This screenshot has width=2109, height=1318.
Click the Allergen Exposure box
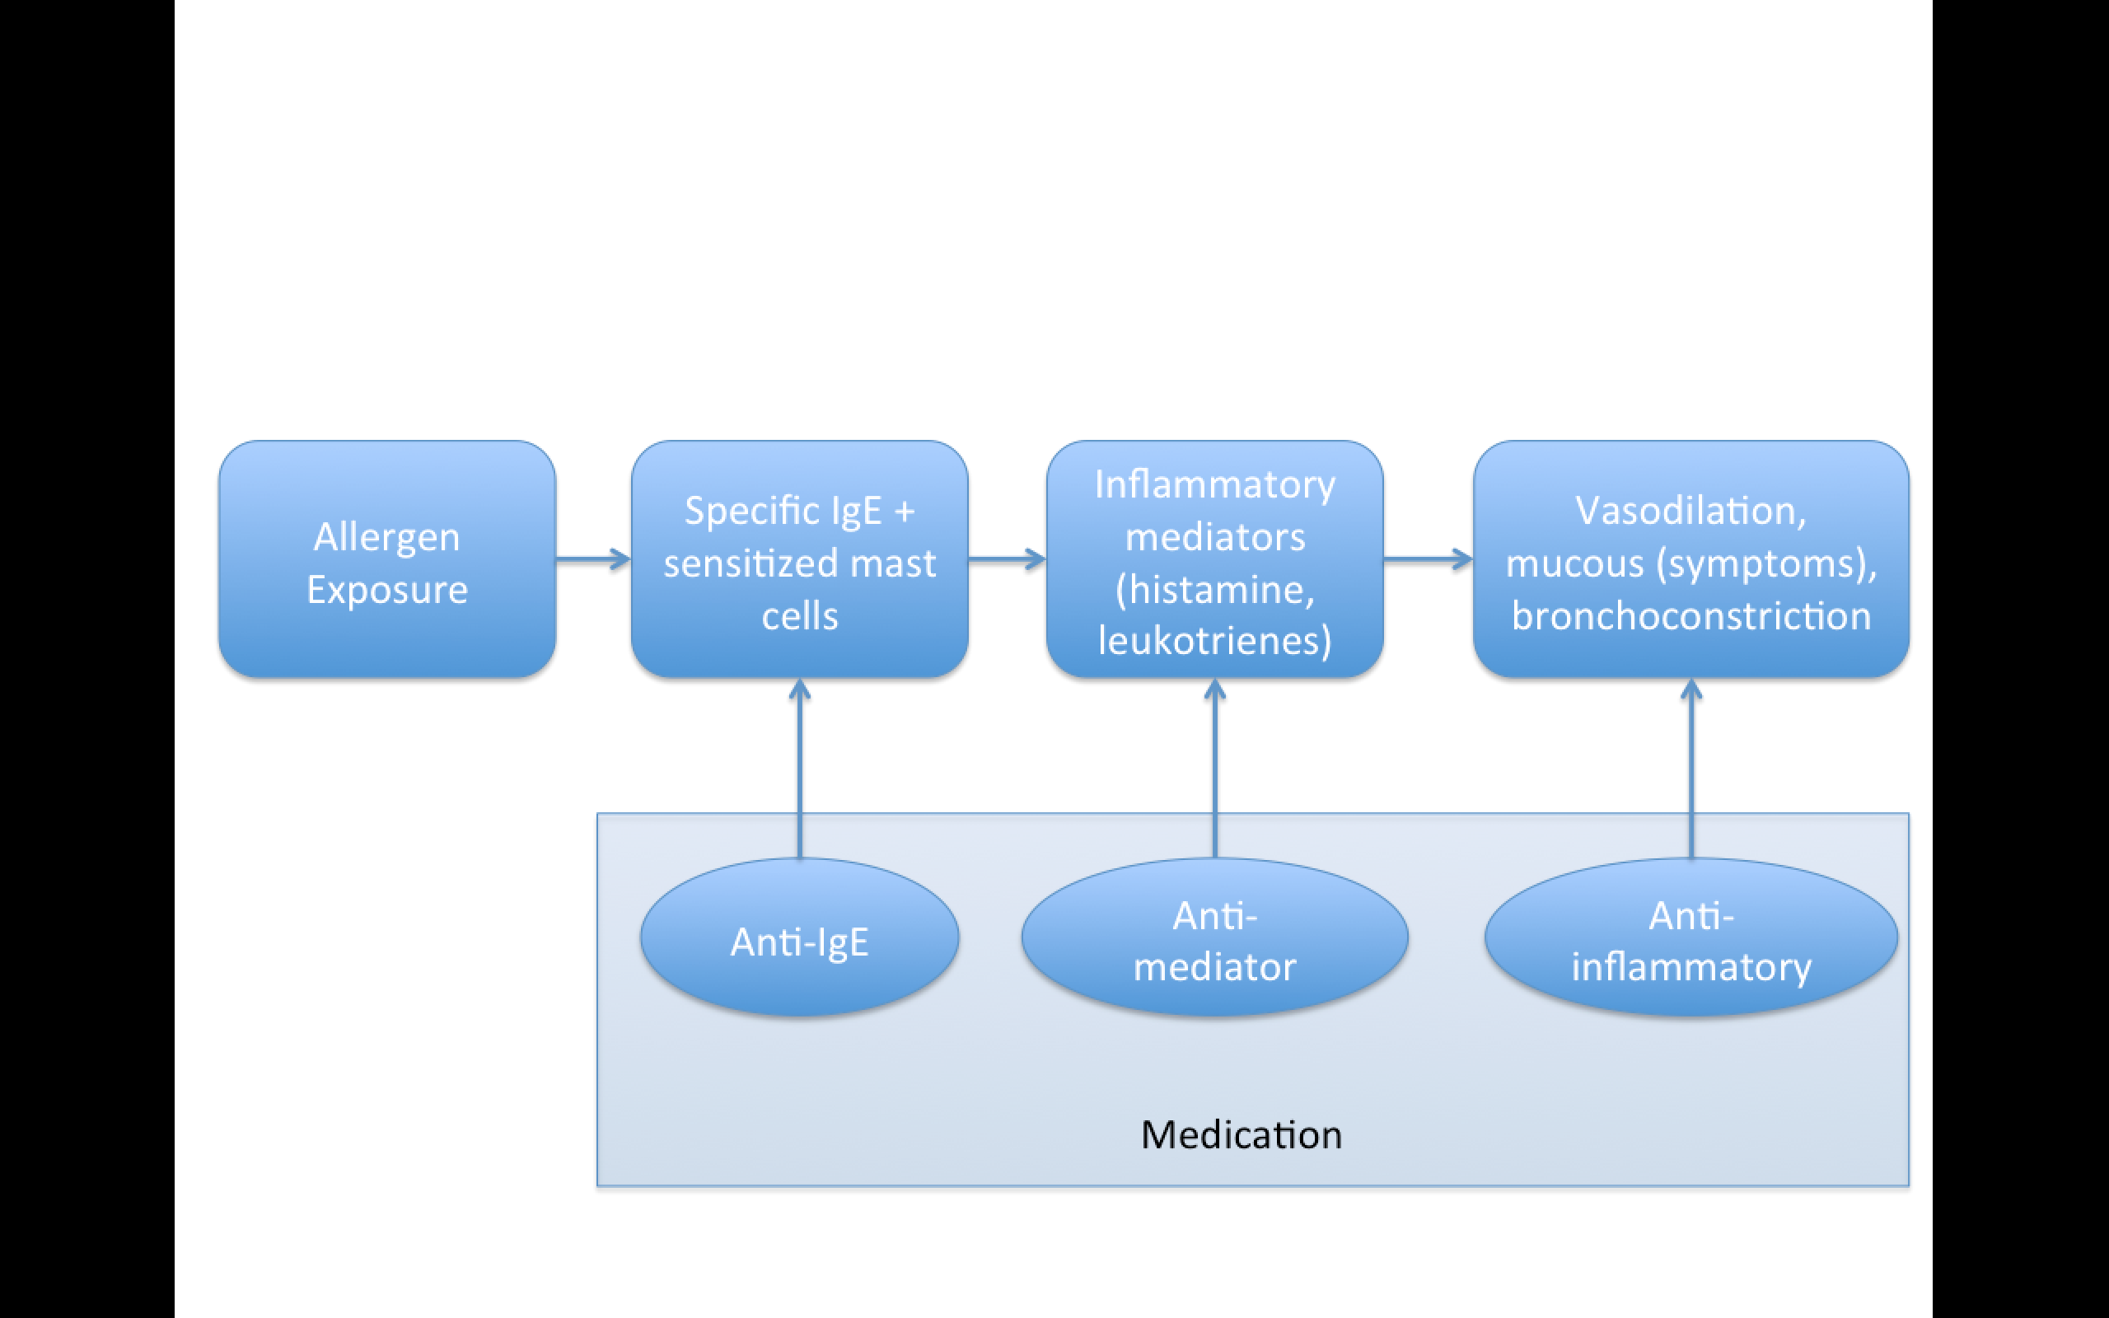(387, 559)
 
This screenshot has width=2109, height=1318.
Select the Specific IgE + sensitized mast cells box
(799, 559)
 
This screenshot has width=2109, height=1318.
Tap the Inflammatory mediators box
(1215, 559)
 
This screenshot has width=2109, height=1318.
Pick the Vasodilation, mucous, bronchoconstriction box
(1690, 559)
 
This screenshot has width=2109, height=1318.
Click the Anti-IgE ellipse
(799, 937)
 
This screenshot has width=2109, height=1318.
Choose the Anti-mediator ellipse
(1215, 937)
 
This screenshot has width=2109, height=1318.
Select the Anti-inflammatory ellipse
(1690, 937)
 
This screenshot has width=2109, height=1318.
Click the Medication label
(1241, 1135)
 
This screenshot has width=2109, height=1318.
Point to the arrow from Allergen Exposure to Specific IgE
(593, 559)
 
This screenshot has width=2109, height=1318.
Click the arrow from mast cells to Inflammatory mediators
(1008, 559)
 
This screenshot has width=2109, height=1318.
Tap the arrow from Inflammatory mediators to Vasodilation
(1429, 559)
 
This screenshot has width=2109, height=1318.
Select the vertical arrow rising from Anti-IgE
(799, 769)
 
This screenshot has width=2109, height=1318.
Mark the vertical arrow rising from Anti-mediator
(1215, 769)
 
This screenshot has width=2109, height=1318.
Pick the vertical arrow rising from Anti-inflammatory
(1690, 769)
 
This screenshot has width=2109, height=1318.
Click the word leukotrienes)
(1215, 642)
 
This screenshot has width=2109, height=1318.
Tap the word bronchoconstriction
(1690, 616)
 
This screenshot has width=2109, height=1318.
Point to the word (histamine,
(1215, 590)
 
